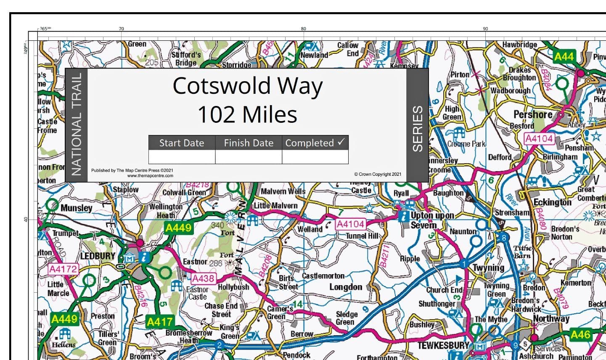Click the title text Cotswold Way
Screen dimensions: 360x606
(x=247, y=86)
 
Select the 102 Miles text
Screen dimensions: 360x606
(x=247, y=114)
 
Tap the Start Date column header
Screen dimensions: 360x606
(x=182, y=143)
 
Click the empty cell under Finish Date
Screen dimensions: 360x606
(x=249, y=157)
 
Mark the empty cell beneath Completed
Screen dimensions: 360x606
(x=315, y=157)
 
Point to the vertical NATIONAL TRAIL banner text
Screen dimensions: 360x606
(x=76, y=125)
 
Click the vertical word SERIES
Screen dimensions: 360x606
(x=417, y=128)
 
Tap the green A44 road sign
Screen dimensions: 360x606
(x=564, y=57)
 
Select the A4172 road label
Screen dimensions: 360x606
(x=63, y=269)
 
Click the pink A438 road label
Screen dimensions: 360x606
(x=204, y=278)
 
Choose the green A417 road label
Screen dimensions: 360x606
(x=160, y=322)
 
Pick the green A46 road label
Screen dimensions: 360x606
(x=580, y=335)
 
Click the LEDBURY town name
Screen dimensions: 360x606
(x=98, y=256)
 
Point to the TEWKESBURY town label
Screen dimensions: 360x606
(x=443, y=345)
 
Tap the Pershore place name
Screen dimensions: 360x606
(x=533, y=114)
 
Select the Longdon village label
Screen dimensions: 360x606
(x=346, y=287)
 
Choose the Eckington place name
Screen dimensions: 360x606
(x=553, y=202)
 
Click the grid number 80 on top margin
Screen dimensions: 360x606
(x=303, y=29)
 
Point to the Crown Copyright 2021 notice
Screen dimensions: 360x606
(x=378, y=174)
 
